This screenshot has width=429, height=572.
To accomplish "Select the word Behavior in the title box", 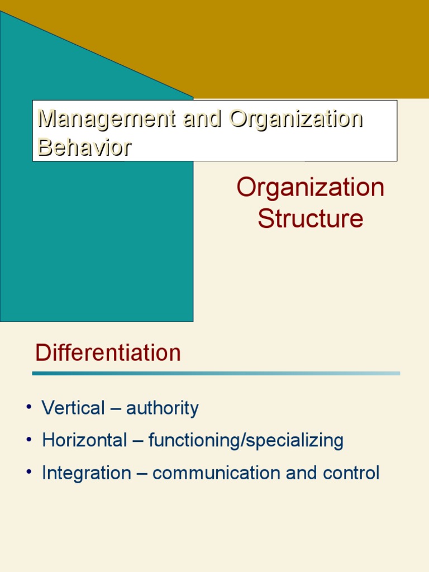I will coord(84,146).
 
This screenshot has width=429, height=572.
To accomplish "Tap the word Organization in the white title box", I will coord(296,118).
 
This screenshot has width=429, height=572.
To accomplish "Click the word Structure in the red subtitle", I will coord(311,218).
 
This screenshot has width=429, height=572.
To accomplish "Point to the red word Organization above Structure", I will coord(311,188).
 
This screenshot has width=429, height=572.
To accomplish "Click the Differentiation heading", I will coord(108,353).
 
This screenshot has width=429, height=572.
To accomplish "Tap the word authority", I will coord(162,408).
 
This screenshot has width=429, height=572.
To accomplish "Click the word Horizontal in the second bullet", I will coord(84,441).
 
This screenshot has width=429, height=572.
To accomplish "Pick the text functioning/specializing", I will coord(246,441).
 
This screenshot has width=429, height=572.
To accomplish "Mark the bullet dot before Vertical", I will coord(27,407).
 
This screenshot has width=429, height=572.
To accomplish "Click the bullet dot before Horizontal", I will coord(27,440).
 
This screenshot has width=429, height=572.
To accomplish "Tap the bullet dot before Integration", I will coord(27,472).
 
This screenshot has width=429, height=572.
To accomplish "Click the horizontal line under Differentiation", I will coord(216,373).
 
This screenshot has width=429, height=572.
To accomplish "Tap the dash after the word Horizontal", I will coord(137,441).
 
